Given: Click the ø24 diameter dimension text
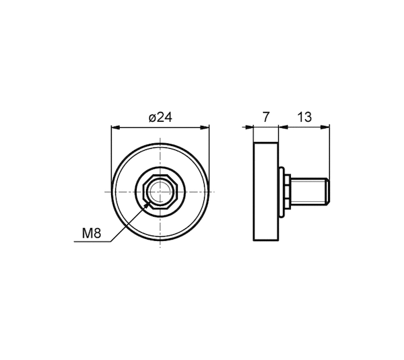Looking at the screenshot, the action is click(160, 118).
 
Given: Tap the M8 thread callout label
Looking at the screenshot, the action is click(92, 233).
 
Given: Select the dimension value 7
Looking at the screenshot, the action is click(266, 117).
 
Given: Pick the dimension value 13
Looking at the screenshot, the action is click(304, 117).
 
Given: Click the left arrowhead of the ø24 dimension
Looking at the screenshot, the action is click(115, 127).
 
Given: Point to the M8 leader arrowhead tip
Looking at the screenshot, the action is click(149, 202).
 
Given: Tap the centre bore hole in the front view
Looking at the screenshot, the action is click(160, 191).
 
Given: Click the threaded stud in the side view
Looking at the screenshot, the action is click(310, 192).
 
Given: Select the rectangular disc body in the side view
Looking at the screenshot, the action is click(266, 192).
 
